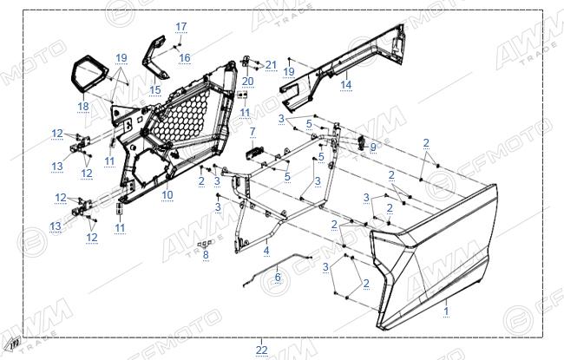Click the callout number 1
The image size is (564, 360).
(x=446, y=311)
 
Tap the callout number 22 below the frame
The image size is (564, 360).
(x=261, y=350)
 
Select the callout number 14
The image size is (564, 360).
(x=345, y=84)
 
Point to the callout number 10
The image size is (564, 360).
(x=167, y=195)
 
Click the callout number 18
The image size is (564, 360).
(x=83, y=106)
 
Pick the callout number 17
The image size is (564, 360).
(x=181, y=27)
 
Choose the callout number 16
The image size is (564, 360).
(x=185, y=57)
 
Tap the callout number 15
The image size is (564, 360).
(x=155, y=89)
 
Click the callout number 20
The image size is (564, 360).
(x=247, y=82)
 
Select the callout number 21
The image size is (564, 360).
(x=271, y=65)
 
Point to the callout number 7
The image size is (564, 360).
(x=252, y=132)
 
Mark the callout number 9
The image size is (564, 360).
(x=372, y=147)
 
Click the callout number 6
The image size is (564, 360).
(x=278, y=277)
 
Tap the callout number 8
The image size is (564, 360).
(x=206, y=255)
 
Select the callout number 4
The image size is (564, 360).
(x=266, y=251)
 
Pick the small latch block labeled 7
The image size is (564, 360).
(x=255, y=154)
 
